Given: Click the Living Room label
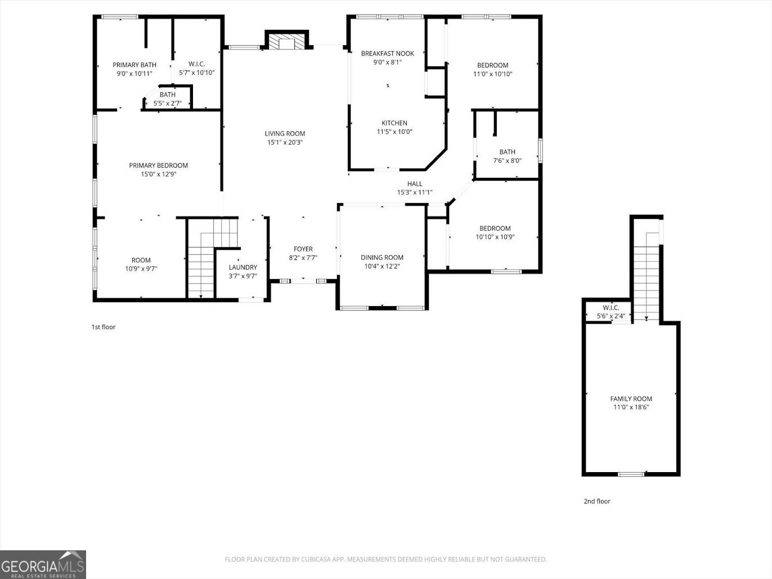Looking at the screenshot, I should click(285, 134).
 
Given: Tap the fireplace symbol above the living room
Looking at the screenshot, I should click(287, 42).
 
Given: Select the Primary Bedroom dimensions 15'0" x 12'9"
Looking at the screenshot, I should click(158, 174).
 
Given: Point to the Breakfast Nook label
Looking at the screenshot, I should click(387, 53).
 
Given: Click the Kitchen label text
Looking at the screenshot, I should click(394, 123).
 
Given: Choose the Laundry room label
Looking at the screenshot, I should click(243, 267).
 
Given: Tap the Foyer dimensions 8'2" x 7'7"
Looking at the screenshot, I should click(303, 258).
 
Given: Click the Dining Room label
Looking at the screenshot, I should click(381, 258).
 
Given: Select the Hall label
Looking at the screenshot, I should click(415, 184).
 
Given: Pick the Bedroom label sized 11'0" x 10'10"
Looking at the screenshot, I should click(492, 65).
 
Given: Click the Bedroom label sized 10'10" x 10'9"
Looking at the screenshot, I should click(495, 228).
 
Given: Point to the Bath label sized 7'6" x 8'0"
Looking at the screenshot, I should click(507, 152).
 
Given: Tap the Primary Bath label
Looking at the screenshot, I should click(134, 65).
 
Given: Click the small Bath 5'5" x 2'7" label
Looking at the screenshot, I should click(167, 95).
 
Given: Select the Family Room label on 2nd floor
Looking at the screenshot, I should click(631, 399).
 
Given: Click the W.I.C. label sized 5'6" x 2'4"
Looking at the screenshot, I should click(611, 308).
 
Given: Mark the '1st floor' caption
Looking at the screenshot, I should click(104, 327).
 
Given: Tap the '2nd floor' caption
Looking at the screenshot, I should click(596, 501).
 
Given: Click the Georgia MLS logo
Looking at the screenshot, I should click(43, 564).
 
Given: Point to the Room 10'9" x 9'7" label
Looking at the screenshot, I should click(141, 260).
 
